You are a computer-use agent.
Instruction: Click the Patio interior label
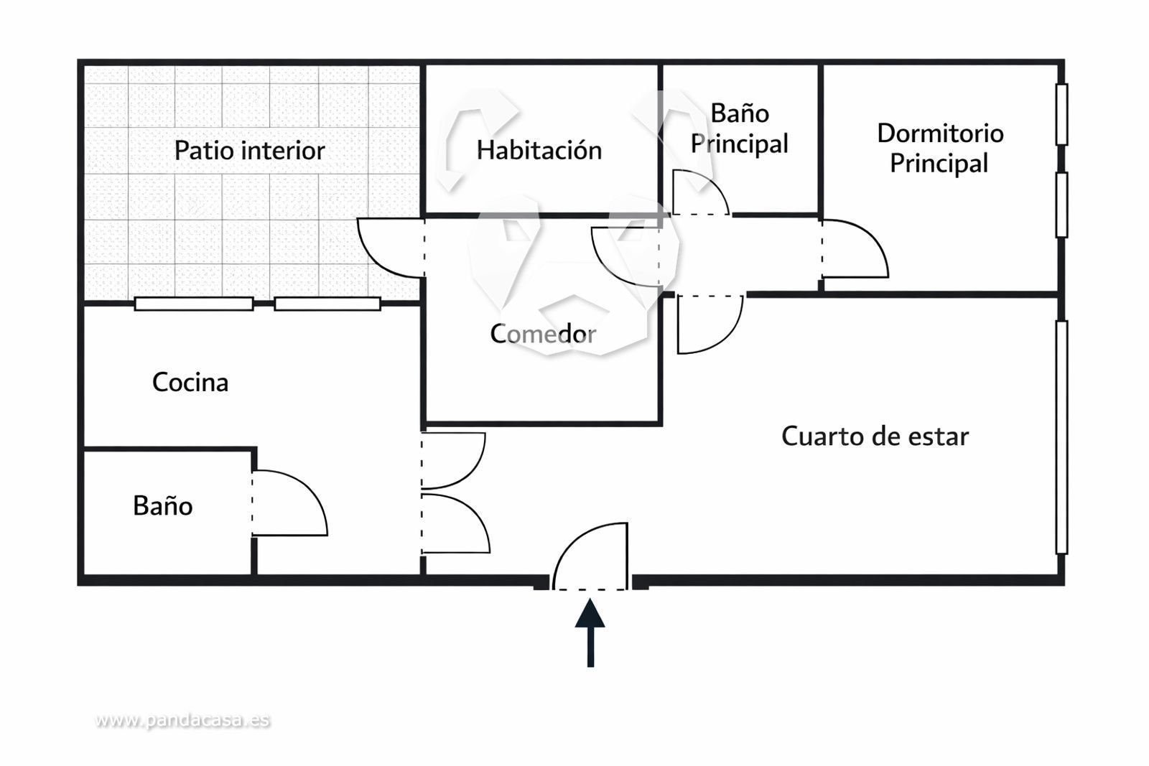[249, 151]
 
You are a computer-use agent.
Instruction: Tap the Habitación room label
[539, 150]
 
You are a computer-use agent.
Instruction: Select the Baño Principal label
[740, 129]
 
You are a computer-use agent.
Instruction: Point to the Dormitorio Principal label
[939, 148]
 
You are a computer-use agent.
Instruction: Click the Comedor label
[543, 333]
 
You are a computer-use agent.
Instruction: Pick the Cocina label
[190, 382]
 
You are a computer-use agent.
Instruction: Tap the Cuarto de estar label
[875, 436]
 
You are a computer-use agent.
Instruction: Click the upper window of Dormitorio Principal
[1061, 114]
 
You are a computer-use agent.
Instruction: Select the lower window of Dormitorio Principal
[1061, 205]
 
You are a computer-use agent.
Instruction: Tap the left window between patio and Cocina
[194, 304]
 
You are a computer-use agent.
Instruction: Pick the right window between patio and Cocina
[327, 304]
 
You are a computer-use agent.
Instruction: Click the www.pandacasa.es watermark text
[182, 720]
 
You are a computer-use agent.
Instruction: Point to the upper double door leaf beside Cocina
[452, 459]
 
